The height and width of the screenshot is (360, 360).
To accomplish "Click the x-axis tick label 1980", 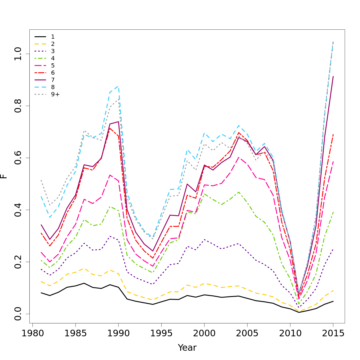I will pyautogui.click(x=32, y=334).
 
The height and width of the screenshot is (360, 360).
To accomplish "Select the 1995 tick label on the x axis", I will pyautogui.click(x=161, y=334).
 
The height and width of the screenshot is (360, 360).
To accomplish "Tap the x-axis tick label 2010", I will pyautogui.click(x=290, y=334).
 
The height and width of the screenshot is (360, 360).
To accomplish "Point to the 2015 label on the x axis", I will pyautogui.click(x=333, y=334).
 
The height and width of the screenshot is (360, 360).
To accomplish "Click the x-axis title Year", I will pyautogui.click(x=187, y=348).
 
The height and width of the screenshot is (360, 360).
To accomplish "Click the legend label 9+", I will pyautogui.click(x=55, y=94).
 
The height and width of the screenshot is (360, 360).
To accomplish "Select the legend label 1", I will pyautogui.click(x=53, y=37).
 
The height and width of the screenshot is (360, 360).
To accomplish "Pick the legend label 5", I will pyautogui.click(x=53, y=65).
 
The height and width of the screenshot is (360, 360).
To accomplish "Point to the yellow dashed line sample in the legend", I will pyautogui.click(x=40, y=44).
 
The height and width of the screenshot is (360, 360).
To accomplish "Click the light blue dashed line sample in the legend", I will pyautogui.click(x=40, y=87).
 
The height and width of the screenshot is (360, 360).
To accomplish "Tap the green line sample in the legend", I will pyautogui.click(x=40, y=58).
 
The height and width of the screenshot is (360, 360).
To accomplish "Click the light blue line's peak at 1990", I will pyautogui.click(x=118, y=86).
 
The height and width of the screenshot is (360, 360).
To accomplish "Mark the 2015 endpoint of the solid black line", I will pyautogui.click(x=333, y=301).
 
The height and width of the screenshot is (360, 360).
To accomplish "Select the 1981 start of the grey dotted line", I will pyautogui.click(x=41, y=180).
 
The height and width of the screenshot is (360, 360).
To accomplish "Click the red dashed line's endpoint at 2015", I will pyautogui.click(x=333, y=134).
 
